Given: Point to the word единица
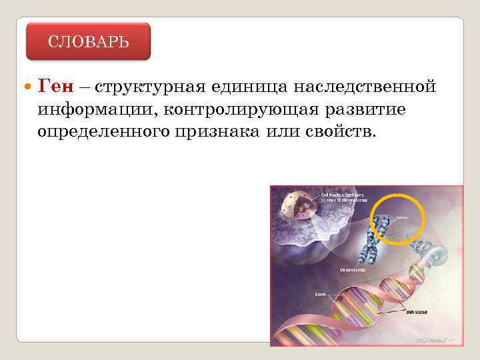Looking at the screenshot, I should [x=245, y=87].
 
